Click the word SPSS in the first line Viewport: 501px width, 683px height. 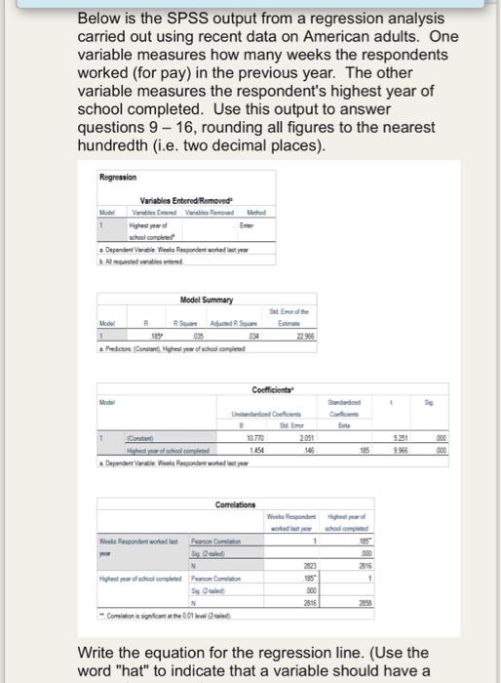153,19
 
